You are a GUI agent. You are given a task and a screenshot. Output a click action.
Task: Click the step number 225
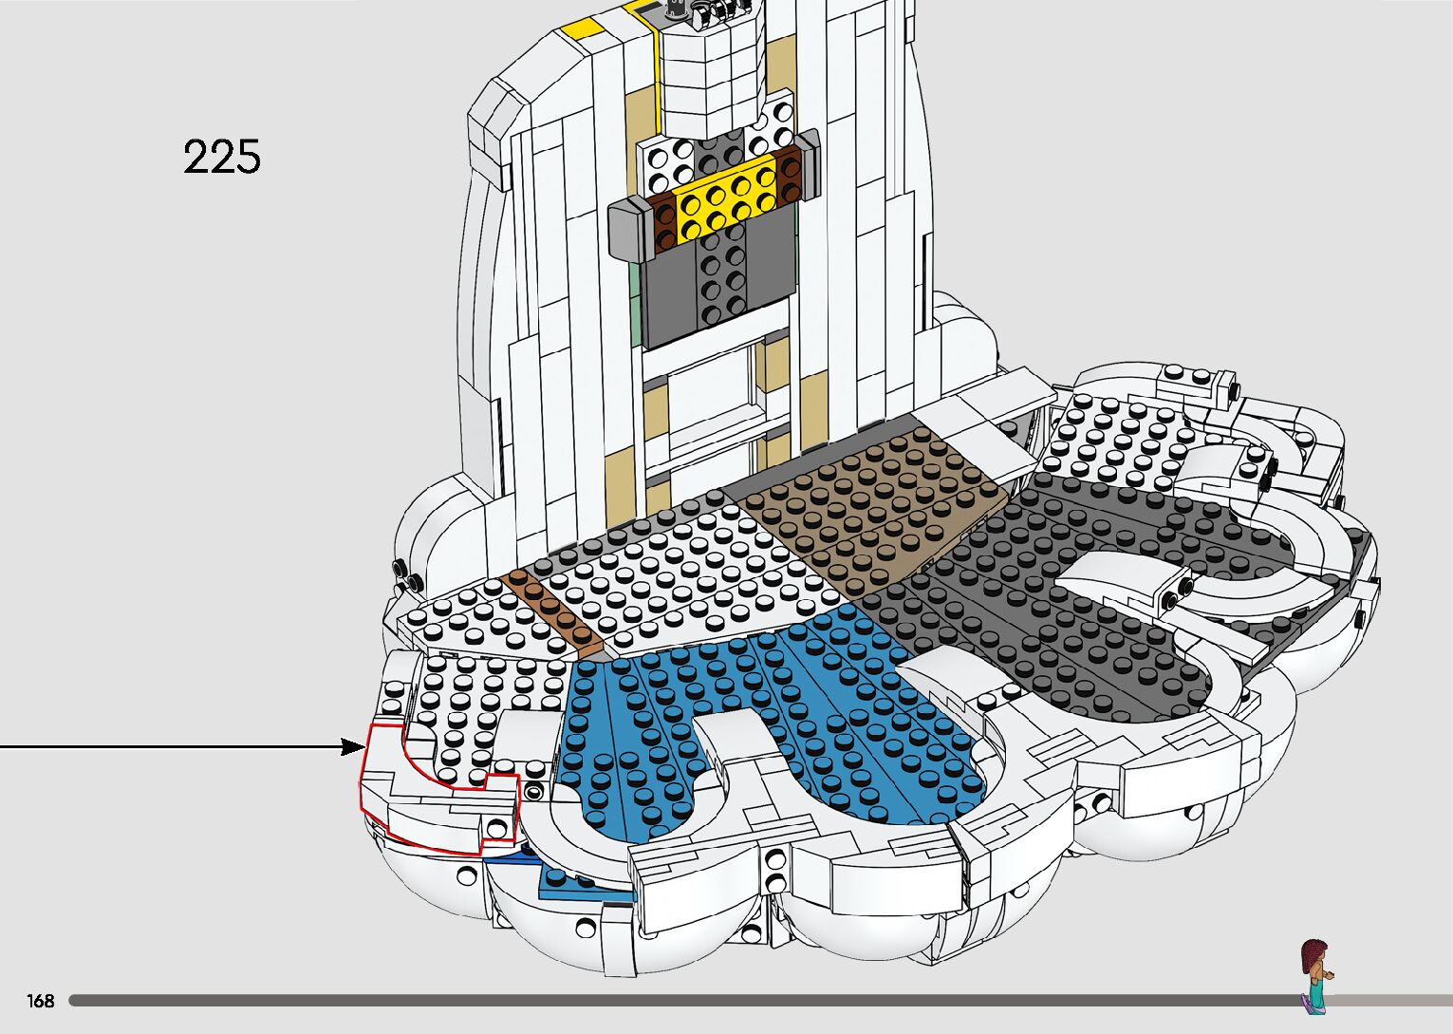[x=221, y=157]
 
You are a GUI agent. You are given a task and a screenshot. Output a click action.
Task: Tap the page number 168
[x=41, y=1001]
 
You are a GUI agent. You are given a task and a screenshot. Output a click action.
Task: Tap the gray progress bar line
[x=664, y=1000]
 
